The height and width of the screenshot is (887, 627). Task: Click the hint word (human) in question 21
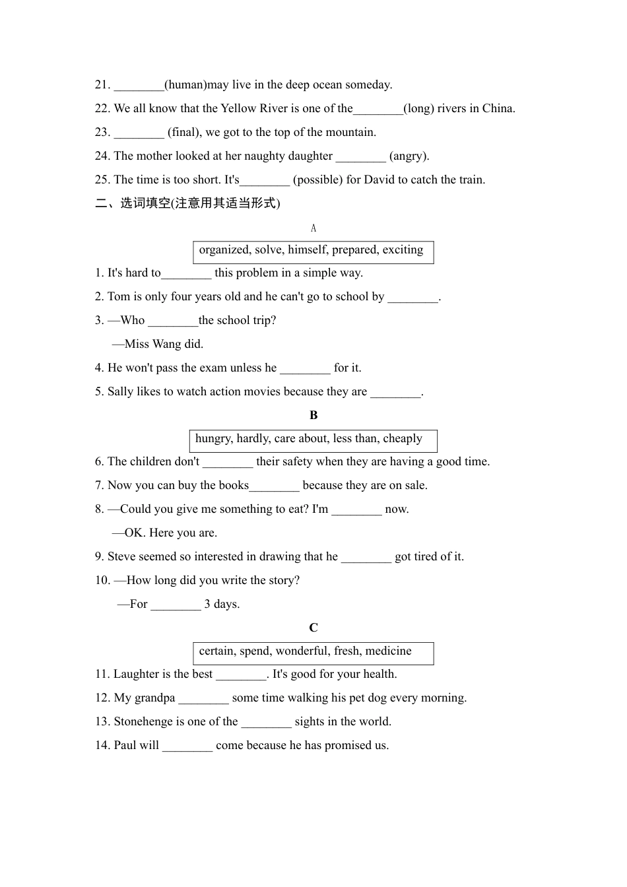(185, 84)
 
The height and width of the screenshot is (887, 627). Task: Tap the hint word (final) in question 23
(183, 132)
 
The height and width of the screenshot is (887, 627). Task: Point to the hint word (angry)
(409, 156)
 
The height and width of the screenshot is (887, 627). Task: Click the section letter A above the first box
(313, 228)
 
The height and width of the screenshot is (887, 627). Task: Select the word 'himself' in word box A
(308, 249)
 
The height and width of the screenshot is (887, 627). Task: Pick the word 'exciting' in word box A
(403, 249)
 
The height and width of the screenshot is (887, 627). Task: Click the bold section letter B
(313, 415)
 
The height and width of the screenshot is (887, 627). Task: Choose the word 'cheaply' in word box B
(403, 438)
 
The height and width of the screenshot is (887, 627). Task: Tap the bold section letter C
(313, 628)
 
